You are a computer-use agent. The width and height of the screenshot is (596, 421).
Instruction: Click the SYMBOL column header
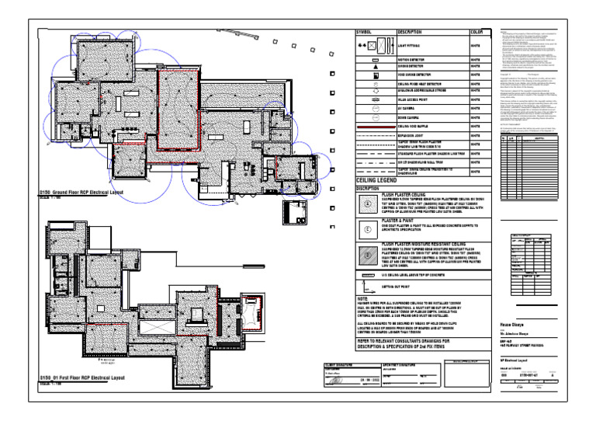pyautogui.click(x=364, y=33)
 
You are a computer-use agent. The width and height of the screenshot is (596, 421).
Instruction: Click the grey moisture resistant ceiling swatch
pyautogui.click(x=366, y=253)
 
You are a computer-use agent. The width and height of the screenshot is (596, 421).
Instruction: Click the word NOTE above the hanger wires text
pyautogui.click(x=362, y=297)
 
